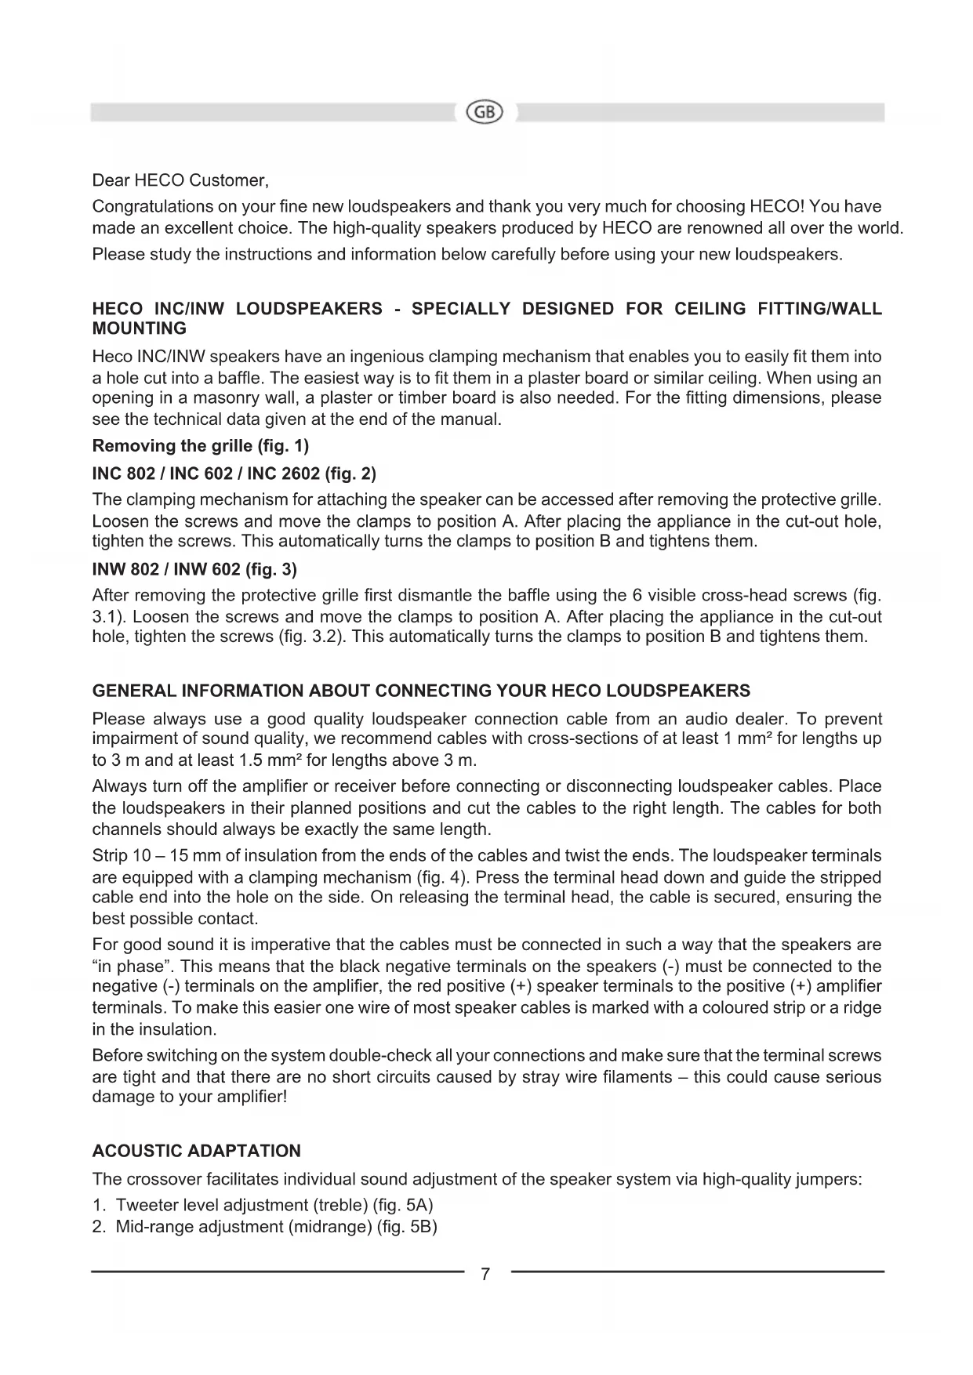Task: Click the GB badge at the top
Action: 485,112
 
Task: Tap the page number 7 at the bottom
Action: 485,1274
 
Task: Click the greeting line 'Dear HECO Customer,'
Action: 180,181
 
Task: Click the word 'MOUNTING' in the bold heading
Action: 140,328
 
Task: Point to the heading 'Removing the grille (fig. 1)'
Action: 201,446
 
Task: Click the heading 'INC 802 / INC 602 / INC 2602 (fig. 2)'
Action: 234,473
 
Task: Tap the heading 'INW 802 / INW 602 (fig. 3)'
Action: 194,568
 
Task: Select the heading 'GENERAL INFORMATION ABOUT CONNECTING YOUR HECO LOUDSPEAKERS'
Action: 421,691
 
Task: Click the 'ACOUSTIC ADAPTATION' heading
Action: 197,1151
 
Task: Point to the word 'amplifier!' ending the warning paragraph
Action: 249,1097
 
